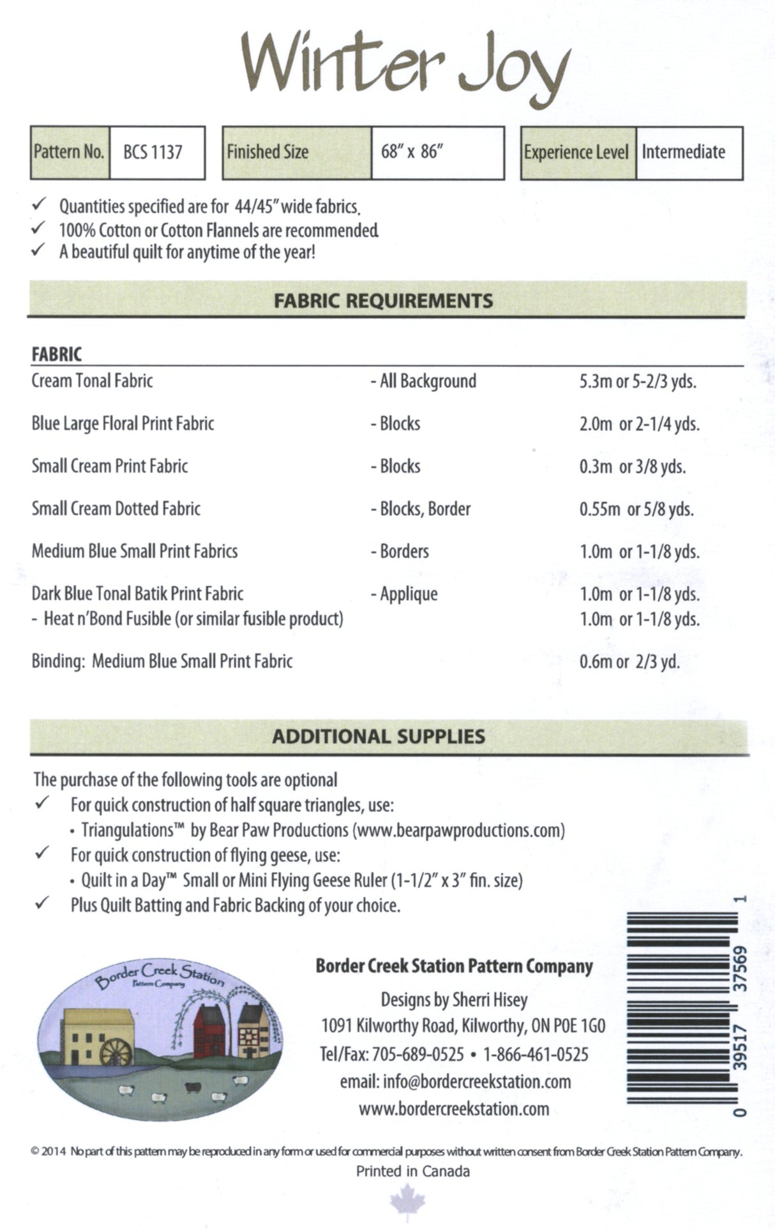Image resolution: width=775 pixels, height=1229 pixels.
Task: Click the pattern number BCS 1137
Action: click(x=153, y=153)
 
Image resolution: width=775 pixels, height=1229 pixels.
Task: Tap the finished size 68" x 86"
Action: click(x=412, y=153)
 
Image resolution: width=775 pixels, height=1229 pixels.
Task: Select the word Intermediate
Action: click(x=683, y=153)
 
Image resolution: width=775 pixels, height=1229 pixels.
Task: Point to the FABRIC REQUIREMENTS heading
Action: click(x=383, y=301)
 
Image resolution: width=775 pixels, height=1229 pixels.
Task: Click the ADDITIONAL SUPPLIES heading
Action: click(x=379, y=737)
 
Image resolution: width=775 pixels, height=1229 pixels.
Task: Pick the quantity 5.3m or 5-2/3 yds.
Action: click(x=637, y=382)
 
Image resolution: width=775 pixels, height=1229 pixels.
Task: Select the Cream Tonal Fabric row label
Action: click(x=92, y=381)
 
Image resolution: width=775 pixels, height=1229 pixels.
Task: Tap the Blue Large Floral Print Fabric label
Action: click(x=123, y=423)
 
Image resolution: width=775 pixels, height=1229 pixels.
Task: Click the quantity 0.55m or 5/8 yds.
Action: click(x=636, y=509)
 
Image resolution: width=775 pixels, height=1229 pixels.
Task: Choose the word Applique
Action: click(x=409, y=594)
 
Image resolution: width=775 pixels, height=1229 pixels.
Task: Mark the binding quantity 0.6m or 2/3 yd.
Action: click(x=629, y=662)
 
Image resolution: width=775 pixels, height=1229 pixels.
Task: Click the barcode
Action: click(x=678, y=1015)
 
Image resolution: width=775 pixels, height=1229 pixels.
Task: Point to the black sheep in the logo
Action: click(x=191, y=1087)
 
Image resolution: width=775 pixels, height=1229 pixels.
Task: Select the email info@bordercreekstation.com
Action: click(x=456, y=1082)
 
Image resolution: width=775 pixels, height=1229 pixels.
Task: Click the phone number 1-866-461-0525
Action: click(x=536, y=1054)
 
